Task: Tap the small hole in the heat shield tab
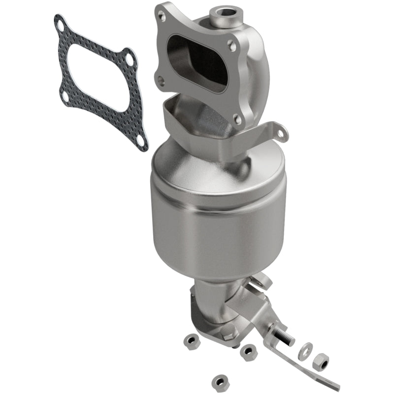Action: click(x=281, y=133)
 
